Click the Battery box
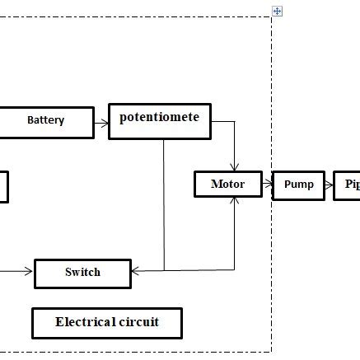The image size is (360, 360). pos(45,120)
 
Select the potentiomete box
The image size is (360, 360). pos(159,120)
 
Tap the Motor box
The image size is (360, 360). pos(227,184)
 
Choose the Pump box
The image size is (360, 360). pos(298,184)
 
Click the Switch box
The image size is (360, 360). pos(82,272)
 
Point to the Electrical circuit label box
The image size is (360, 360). pos(106,322)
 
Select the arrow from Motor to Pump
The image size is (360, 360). pos(266,184)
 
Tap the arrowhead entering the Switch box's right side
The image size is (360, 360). pos(136,270)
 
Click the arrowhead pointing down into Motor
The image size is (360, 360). pos(236,166)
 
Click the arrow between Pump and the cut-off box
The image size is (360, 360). pos(329,184)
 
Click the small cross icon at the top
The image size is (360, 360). pos(278,11)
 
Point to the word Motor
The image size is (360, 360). pos(227,184)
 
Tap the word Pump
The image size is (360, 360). pos(298,184)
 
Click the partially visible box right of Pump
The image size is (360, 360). pos(348,185)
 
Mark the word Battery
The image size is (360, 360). pos(45,120)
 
